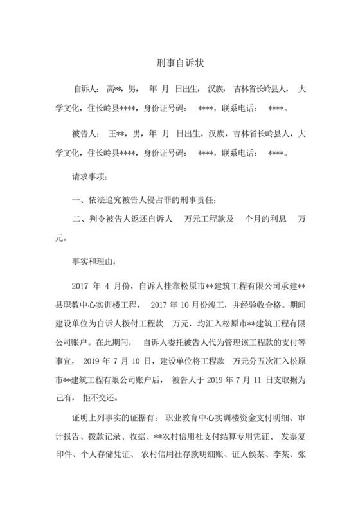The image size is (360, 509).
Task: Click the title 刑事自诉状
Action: point(180,64)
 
